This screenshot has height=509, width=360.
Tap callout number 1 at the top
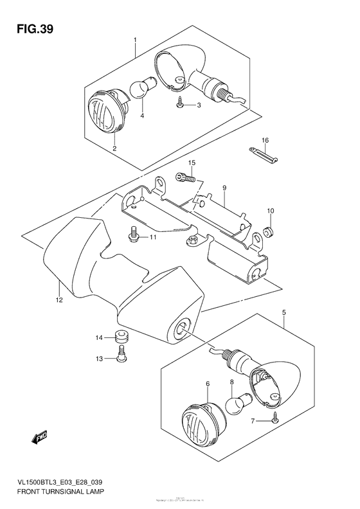pyautogui.click(x=136, y=40)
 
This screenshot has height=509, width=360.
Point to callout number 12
pyautogui.click(x=59, y=299)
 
